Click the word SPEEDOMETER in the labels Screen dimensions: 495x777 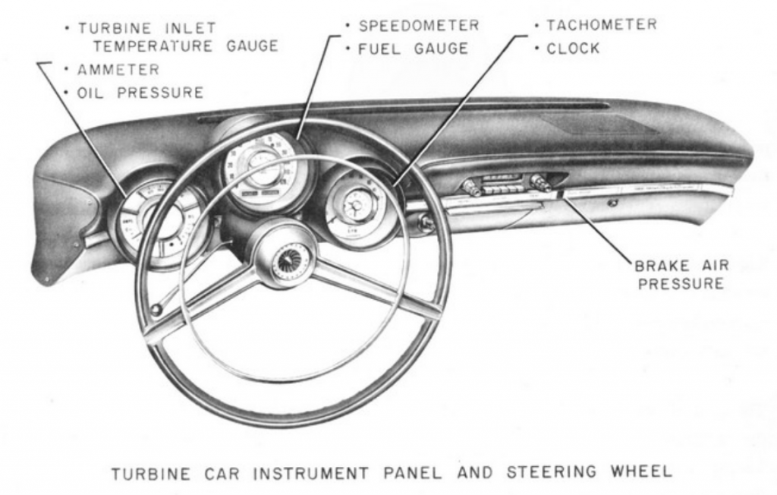[418, 26]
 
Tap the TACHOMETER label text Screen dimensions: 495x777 [602, 25]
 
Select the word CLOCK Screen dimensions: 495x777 [573, 49]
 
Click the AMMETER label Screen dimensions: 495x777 [118, 70]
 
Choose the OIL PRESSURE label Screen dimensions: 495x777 [140, 93]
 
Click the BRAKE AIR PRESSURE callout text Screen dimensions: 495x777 [681, 275]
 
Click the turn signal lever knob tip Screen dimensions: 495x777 [156, 309]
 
